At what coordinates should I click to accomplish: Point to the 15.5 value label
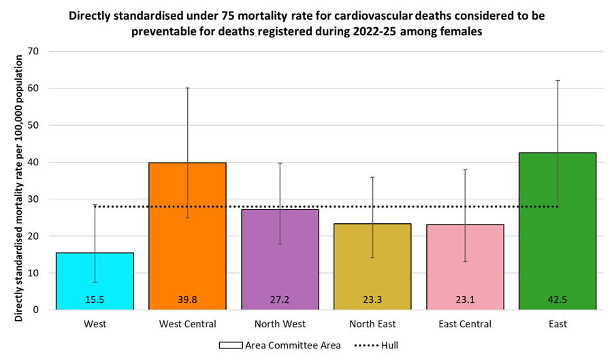95,299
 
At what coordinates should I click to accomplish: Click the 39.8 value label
187,299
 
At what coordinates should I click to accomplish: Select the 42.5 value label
558,299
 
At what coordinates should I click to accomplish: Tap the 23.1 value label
465,299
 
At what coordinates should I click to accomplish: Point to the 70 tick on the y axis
34,52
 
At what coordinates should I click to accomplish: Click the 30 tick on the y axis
34,199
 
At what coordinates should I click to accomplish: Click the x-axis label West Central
187,324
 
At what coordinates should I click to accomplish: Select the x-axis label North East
372,324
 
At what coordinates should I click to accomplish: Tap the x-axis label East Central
465,324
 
